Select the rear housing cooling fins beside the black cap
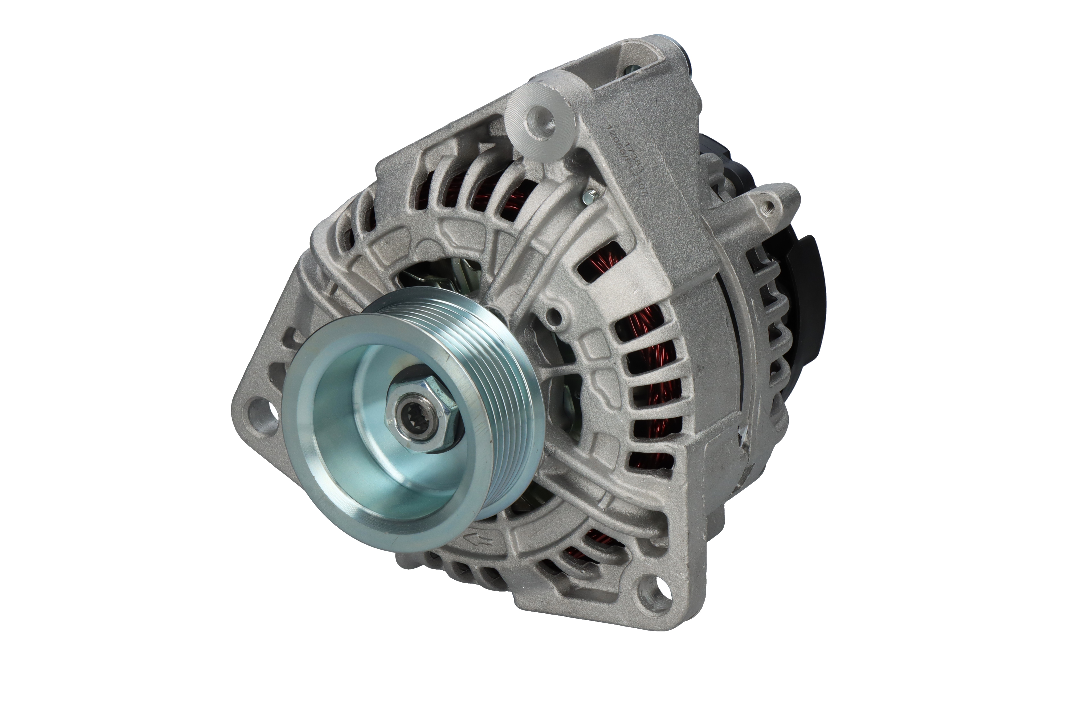click(772, 322)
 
